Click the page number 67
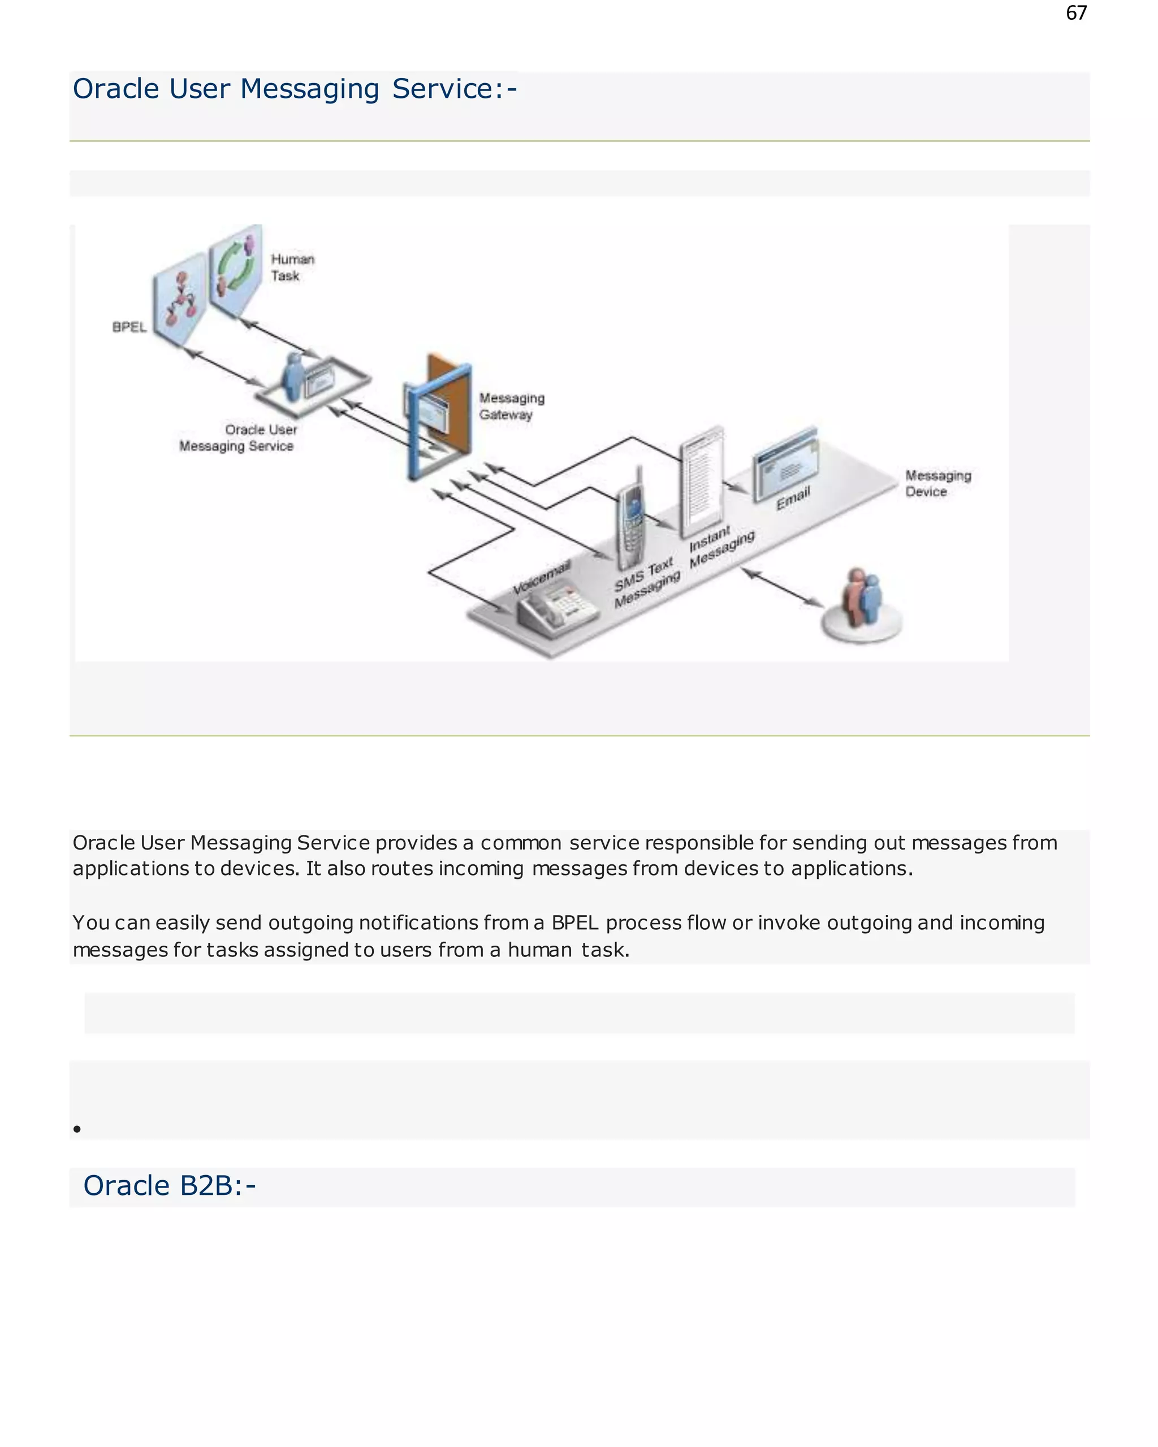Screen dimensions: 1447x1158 1075,14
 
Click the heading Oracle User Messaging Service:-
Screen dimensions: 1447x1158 295,89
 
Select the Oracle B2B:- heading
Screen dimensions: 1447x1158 169,1186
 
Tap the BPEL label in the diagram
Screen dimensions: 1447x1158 129,327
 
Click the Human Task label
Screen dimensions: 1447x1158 292,267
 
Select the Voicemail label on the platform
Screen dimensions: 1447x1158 541,577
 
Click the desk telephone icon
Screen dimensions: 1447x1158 556,608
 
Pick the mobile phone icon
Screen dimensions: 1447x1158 631,520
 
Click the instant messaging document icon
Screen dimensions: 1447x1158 702,480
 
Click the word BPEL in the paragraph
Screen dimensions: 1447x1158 574,923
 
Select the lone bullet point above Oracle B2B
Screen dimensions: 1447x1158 77,1129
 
